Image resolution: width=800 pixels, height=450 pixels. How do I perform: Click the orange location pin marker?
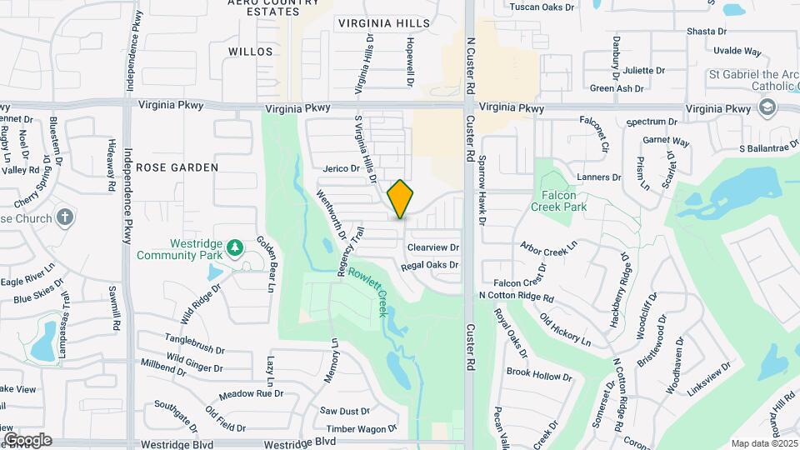(x=401, y=199)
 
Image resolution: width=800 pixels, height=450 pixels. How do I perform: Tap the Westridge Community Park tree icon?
(x=236, y=247)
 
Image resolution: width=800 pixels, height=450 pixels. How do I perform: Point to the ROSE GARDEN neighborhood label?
(x=177, y=167)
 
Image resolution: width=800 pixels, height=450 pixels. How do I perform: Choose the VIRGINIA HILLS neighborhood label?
(x=384, y=23)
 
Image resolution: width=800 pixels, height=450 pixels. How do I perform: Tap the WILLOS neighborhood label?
(x=250, y=52)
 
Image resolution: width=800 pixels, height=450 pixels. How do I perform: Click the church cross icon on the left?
(x=65, y=218)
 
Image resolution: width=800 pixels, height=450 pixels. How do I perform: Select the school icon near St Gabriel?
(x=767, y=107)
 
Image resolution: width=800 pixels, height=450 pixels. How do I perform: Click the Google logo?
(x=27, y=439)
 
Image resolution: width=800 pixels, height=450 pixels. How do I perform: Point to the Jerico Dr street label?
(x=341, y=168)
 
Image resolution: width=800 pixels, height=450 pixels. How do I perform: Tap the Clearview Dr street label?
(x=433, y=247)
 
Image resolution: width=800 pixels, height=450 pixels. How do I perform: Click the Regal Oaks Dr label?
(x=430, y=265)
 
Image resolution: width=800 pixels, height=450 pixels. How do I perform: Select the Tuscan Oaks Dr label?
(x=542, y=7)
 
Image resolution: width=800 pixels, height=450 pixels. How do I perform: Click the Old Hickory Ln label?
(x=565, y=331)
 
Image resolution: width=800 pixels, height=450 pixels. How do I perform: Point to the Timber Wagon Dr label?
(x=362, y=429)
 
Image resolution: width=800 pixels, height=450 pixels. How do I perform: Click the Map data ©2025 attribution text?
(x=763, y=442)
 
